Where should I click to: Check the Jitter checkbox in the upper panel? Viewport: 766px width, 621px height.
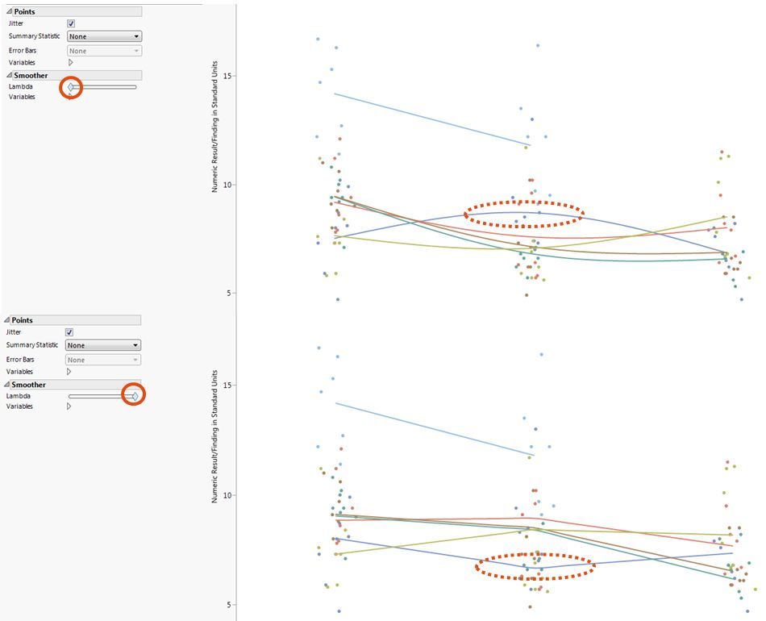tap(71, 23)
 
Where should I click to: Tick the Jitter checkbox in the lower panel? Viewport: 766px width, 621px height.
tap(69, 332)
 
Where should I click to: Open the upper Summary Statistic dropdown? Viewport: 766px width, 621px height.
tap(104, 36)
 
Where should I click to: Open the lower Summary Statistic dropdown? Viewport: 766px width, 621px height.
tap(103, 345)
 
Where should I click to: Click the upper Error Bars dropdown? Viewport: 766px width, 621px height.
tap(104, 51)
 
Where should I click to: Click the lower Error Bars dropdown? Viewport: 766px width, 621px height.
tap(103, 360)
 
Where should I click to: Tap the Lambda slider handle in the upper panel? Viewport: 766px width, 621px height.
tap(71, 86)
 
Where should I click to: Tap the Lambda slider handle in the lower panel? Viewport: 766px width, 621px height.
tap(135, 395)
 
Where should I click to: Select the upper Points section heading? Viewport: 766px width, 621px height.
tap(24, 11)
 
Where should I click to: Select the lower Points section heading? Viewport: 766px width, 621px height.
tap(22, 320)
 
